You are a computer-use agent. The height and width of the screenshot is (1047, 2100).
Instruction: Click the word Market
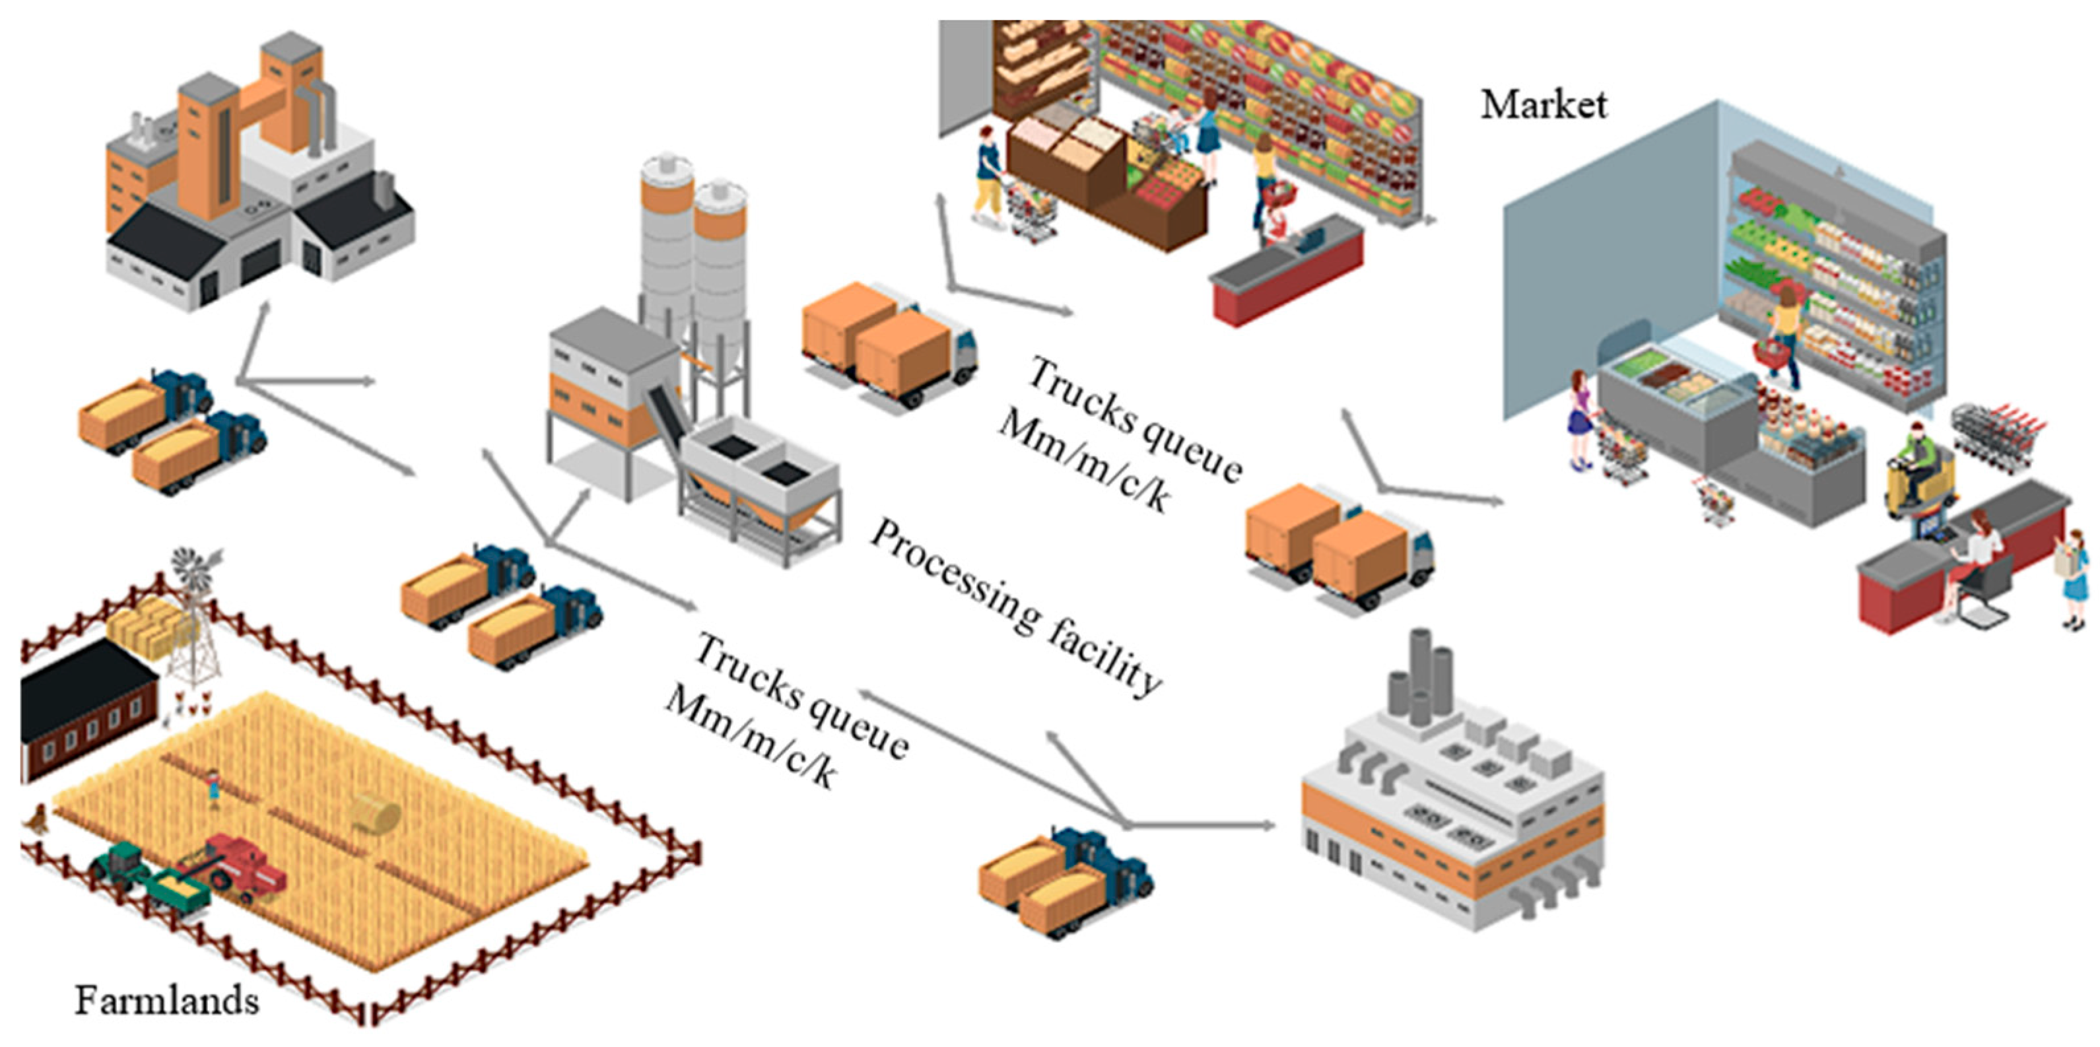point(1543,105)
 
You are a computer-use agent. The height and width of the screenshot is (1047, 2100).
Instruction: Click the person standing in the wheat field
point(214,786)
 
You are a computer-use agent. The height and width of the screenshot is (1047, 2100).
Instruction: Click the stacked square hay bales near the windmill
point(147,624)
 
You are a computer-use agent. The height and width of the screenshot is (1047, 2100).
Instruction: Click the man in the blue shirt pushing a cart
point(988,176)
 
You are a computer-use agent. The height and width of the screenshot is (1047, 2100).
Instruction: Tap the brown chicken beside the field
point(38,818)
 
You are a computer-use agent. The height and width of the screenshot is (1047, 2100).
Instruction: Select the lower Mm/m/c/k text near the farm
point(750,738)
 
